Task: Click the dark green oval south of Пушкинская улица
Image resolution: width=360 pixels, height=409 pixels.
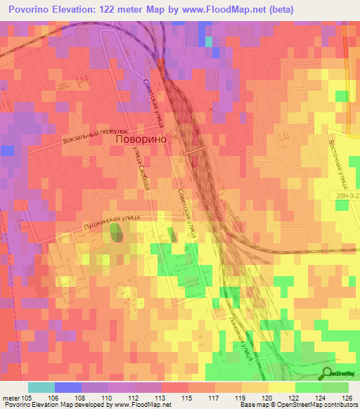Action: (115, 233)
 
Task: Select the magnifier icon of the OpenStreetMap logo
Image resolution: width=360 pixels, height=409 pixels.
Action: (328, 374)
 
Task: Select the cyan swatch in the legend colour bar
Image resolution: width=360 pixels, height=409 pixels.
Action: (41, 387)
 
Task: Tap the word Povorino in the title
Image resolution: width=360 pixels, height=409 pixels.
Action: (32, 9)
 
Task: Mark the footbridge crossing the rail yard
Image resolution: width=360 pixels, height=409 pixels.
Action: (194, 149)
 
